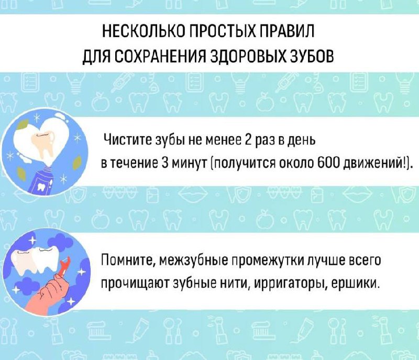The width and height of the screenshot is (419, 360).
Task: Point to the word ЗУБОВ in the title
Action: [311, 57]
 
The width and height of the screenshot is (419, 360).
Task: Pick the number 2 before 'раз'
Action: [248, 139]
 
